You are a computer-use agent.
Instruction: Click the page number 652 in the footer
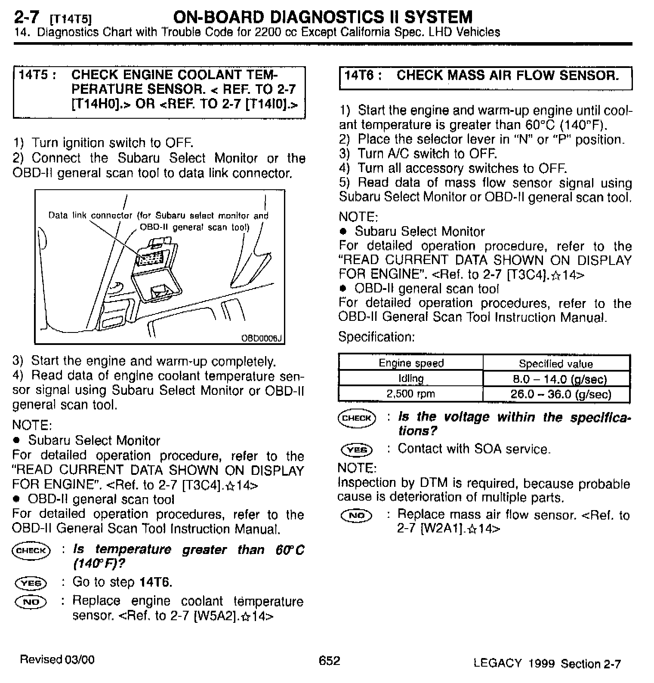329,660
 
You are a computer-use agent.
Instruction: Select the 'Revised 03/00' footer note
57,659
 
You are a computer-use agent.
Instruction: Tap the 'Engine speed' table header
411,363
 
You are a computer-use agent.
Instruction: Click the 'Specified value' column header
556,364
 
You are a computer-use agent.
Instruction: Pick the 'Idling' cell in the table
411,378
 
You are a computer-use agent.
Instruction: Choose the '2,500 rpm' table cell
410,394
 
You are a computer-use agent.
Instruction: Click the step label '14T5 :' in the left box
36,75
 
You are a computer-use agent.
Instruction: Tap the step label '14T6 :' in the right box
363,76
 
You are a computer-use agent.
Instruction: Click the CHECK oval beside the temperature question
31,551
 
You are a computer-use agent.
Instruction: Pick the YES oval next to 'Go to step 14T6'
31,583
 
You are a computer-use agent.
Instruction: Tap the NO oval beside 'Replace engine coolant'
31,602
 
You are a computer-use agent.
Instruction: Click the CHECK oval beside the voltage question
357,418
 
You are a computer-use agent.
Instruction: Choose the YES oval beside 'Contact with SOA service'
357,450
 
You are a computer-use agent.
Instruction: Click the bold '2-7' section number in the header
27,17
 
